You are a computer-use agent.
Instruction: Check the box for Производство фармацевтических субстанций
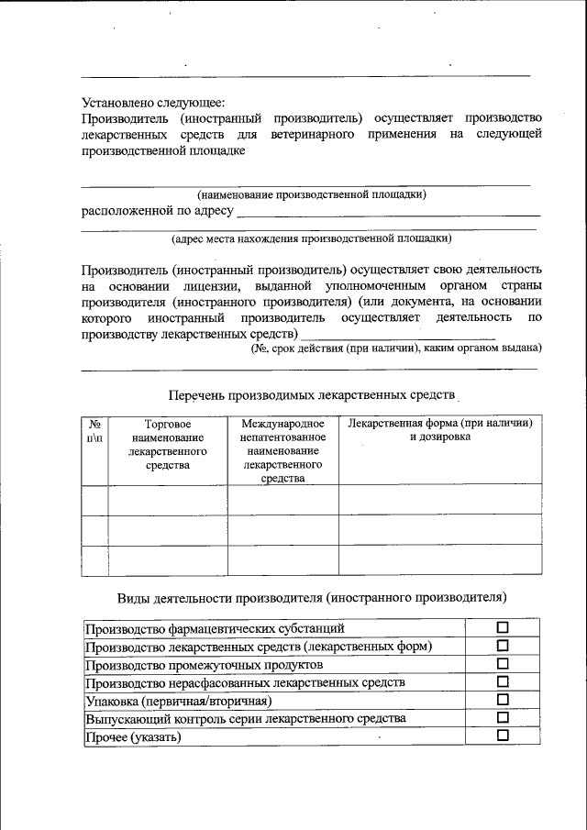(502, 628)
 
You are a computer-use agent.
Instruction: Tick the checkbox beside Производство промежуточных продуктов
(502, 664)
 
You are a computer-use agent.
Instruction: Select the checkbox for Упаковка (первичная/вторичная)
(502, 700)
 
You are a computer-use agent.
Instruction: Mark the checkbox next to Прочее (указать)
(502, 736)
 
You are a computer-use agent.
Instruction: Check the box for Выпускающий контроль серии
(502, 718)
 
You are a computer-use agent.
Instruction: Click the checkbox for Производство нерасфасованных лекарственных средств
(502, 682)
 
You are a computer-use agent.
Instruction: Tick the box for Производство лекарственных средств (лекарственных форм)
(502, 647)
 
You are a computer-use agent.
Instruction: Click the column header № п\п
(94, 431)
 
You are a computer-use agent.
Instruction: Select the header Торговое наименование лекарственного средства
(168, 445)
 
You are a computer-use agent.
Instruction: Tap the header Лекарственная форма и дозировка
(439, 430)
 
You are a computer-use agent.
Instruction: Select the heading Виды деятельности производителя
(312, 598)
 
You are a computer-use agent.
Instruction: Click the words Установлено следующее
(152, 103)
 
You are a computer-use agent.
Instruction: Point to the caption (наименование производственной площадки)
(312, 194)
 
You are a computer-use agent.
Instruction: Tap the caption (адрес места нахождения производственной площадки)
(312, 238)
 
